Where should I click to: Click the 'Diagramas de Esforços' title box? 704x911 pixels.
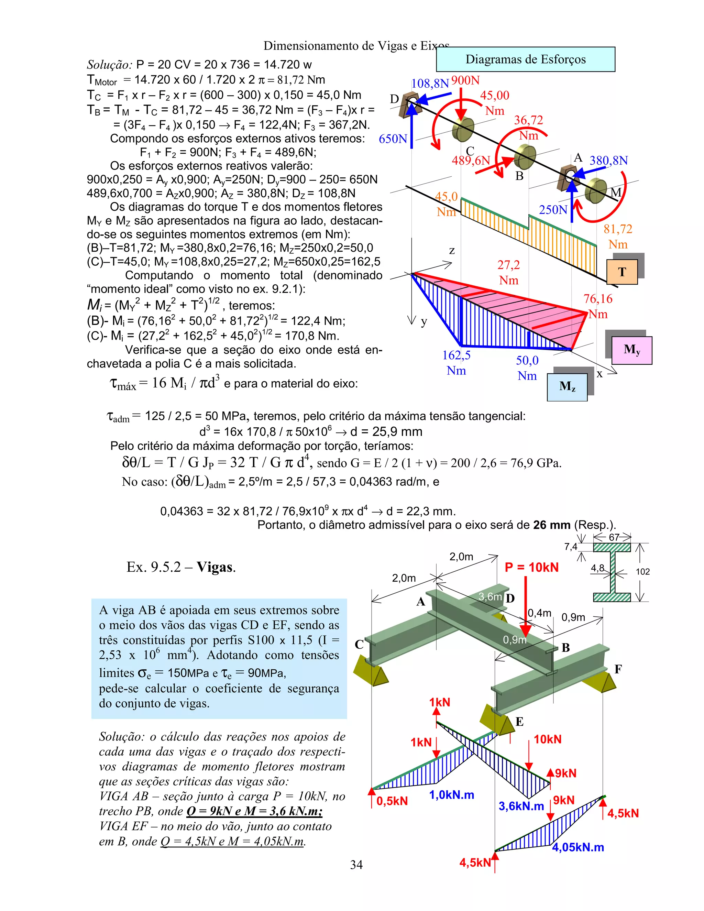pos(526,59)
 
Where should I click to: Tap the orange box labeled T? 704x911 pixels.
pos(622,272)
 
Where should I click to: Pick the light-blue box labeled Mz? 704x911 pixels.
pos(567,387)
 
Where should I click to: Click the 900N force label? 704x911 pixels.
pos(465,80)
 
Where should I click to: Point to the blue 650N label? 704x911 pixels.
pos(393,139)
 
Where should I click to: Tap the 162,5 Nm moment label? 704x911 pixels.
pos(456,362)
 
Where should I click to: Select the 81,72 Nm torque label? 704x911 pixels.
pos(618,236)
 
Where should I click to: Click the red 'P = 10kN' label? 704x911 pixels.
pos(531,567)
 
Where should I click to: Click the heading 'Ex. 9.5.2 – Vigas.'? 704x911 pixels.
pos(181,567)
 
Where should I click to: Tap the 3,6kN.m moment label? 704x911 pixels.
pos(521,806)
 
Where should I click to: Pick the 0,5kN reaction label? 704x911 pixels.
pos(392,801)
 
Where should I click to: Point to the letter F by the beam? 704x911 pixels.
pos(618,669)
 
